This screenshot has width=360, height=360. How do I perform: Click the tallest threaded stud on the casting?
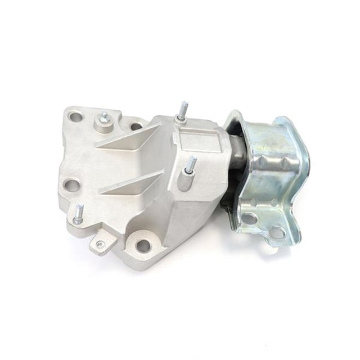[x=183, y=109]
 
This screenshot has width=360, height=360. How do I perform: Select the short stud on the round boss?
[x=104, y=118]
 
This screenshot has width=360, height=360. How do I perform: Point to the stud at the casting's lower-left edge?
[x=79, y=213]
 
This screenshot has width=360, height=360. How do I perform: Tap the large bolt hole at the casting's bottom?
[x=143, y=245]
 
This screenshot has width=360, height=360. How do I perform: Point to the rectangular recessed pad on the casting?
[x=197, y=138]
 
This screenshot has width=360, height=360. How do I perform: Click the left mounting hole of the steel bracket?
[x=249, y=218]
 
